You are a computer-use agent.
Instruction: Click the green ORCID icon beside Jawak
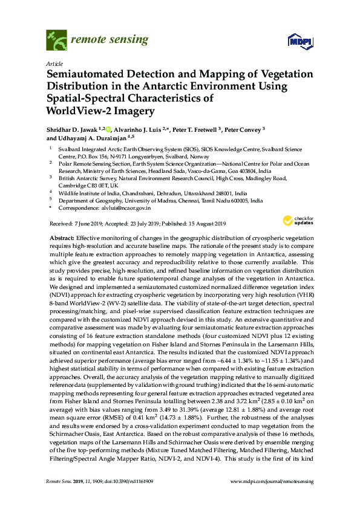pyautogui.click(x=109, y=128)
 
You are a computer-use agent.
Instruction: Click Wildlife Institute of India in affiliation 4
pyautogui.click(x=88, y=192)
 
